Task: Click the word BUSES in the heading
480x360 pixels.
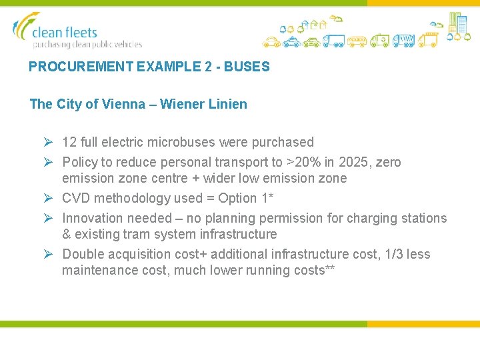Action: click(x=248, y=67)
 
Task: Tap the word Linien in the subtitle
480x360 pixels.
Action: click(x=228, y=104)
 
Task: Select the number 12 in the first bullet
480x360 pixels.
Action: click(x=69, y=142)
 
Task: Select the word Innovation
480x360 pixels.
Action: click(x=91, y=218)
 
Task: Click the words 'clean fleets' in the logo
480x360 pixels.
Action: click(x=65, y=32)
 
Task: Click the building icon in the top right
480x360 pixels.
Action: click(x=457, y=24)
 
